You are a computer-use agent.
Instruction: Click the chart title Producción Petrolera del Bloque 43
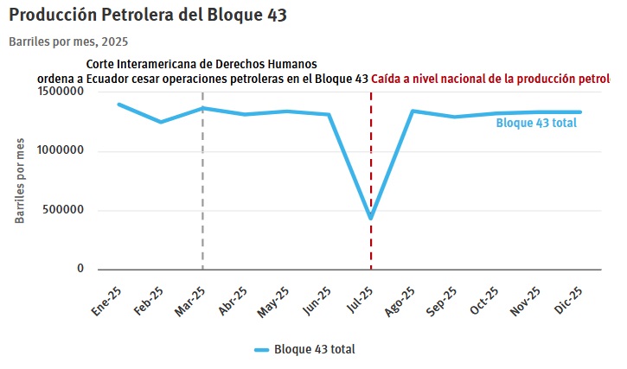coord(148,16)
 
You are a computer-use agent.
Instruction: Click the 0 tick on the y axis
coord(80,269)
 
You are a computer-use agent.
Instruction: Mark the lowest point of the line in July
coord(371,218)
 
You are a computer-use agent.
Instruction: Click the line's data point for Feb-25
coord(160,122)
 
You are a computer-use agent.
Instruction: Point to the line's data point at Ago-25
coord(413,111)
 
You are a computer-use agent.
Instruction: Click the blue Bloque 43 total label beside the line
coord(536,124)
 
